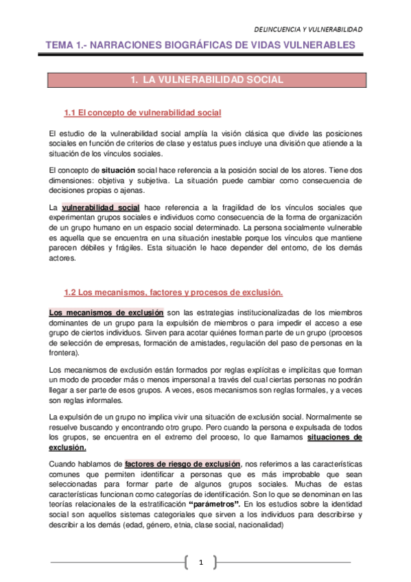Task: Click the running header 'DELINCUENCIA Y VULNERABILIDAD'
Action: click(308, 30)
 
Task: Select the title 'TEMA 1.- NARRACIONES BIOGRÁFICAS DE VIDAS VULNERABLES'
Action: click(200, 46)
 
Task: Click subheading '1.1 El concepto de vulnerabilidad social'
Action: click(142, 113)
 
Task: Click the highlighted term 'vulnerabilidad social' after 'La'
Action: click(101, 207)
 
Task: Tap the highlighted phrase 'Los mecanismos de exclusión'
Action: click(106, 313)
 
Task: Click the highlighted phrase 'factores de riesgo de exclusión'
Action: click(183, 464)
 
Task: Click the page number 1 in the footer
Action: click(202, 563)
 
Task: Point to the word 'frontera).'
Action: click(64, 353)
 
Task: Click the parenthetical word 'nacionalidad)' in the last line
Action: click(259, 524)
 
